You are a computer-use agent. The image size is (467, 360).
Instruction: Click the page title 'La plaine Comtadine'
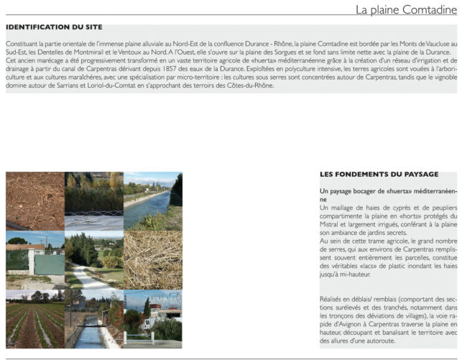coord(406,10)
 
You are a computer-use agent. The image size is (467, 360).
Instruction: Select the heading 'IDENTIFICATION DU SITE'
coord(54,27)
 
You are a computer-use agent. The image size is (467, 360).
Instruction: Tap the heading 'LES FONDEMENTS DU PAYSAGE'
coord(379,175)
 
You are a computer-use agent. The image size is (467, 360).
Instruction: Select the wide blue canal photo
coord(152,200)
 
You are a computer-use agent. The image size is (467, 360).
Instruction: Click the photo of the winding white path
coord(93,260)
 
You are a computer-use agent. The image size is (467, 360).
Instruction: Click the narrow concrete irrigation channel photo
coord(93,320)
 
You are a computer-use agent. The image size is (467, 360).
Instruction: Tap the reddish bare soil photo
coord(34,200)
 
